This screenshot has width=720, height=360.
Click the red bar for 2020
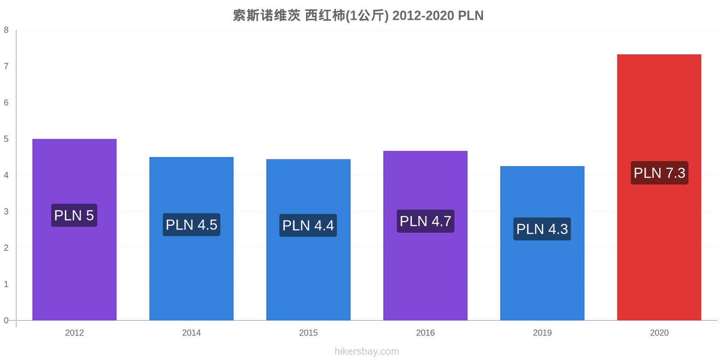point(659,187)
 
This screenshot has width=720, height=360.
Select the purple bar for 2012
point(75,229)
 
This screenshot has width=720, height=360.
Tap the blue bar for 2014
point(191,239)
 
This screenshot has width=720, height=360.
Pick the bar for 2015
point(308,240)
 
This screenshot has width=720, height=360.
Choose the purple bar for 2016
point(425,236)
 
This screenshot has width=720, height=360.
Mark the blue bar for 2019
point(542,243)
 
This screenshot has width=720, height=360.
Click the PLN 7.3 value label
point(660,173)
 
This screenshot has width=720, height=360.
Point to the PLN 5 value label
point(74,216)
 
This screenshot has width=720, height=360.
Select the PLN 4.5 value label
point(192,225)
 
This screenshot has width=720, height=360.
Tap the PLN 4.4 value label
point(308,225)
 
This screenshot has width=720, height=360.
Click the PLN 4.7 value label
point(426,221)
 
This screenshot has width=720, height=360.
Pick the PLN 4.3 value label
point(542,229)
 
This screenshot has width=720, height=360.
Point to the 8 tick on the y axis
point(6,30)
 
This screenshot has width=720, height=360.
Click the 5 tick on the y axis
point(6,139)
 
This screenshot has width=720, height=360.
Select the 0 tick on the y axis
point(6,320)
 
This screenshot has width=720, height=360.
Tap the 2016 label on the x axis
point(425,333)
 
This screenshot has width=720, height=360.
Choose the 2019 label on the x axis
point(542,333)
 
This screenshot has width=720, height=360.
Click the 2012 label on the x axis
point(75,333)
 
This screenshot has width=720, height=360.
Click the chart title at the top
point(358,15)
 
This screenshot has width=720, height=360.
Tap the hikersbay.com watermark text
point(367,351)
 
